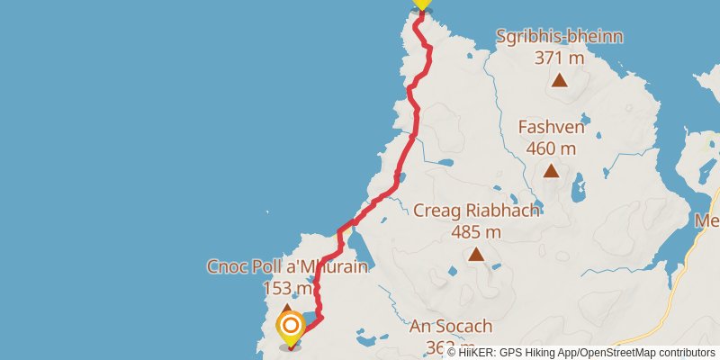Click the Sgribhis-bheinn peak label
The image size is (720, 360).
pyautogui.click(x=559, y=37)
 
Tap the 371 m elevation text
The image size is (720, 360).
pyautogui.click(x=559, y=58)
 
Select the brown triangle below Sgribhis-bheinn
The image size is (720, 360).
pyautogui.click(x=559, y=80)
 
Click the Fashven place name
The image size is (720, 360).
pyautogui.click(x=551, y=127)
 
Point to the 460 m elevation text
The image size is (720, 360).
pyautogui.click(x=551, y=148)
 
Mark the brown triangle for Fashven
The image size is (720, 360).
pyautogui.click(x=550, y=170)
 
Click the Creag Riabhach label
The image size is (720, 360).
pyautogui.click(x=476, y=211)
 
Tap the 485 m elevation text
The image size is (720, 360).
pyautogui.click(x=476, y=231)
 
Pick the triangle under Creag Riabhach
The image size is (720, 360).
pyautogui.click(x=476, y=255)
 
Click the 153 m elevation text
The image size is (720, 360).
pyautogui.click(x=287, y=288)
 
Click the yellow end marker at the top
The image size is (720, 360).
pyautogui.click(x=422, y=4)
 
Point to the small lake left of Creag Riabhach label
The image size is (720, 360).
pyautogui.click(x=444, y=163)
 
